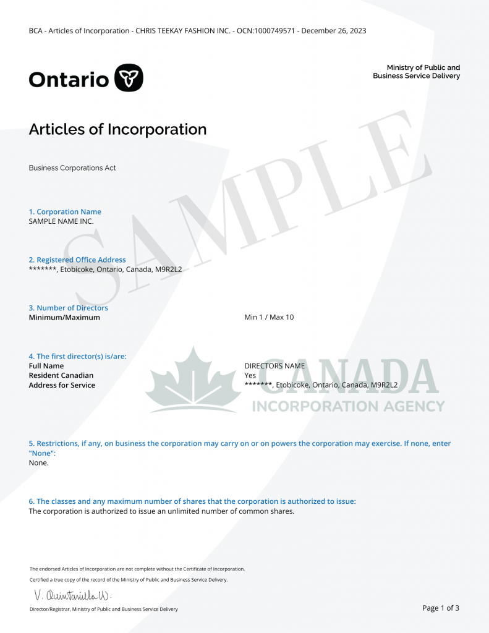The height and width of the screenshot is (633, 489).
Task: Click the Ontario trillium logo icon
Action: (x=129, y=78)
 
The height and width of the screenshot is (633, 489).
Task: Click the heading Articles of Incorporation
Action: (x=117, y=129)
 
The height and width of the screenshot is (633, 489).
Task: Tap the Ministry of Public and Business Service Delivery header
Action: (x=416, y=72)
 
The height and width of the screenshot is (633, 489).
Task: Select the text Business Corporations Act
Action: (x=72, y=168)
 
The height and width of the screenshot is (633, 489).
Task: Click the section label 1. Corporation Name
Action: (x=65, y=211)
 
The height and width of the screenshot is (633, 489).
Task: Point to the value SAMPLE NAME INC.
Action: (x=61, y=221)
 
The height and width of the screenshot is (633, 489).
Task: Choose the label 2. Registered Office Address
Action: (x=77, y=260)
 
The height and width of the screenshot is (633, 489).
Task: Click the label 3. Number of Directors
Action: (x=68, y=308)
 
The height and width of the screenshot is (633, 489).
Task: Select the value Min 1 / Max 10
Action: (x=269, y=317)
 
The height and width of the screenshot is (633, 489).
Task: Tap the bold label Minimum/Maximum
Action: (x=64, y=317)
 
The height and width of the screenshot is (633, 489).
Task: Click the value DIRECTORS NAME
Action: (x=274, y=365)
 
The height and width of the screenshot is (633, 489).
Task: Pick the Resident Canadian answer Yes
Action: (x=250, y=375)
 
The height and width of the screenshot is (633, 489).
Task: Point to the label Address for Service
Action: (x=62, y=385)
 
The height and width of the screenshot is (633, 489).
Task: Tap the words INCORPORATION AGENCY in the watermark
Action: (x=348, y=406)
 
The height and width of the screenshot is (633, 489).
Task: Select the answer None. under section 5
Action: (x=38, y=462)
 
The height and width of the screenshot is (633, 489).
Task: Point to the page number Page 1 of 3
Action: (x=440, y=608)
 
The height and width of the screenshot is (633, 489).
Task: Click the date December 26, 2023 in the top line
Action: (x=334, y=30)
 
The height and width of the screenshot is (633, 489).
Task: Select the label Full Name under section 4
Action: (x=46, y=365)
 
